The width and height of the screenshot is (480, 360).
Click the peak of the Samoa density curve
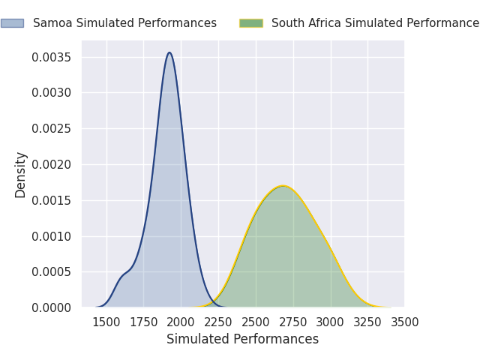click(x=169, y=52)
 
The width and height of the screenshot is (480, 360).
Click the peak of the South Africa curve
click(x=283, y=186)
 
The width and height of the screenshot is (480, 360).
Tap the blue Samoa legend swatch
click(x=12, y=23)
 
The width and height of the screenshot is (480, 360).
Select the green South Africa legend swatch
click(x=250, y=23)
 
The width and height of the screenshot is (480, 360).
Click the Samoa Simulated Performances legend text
click(x=124, y=23)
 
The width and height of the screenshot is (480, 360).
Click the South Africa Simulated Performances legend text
click(x=375, y=23)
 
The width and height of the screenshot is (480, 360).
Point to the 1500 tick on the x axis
click(x=106, y=322)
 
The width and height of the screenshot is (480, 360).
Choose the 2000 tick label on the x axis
click(x=181, y=322)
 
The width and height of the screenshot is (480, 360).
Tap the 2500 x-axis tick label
click(x=256, y=322)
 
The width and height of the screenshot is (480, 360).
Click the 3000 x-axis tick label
click(x=330, y=322)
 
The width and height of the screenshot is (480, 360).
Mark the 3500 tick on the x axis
click(x=405, y=322)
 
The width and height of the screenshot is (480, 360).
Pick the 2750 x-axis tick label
click(x=293, y=322)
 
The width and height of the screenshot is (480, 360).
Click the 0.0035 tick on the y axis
click(x=52, y=58)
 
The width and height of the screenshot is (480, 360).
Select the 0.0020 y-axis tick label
click(x=52, y=165)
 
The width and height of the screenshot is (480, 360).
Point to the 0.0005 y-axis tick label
click(x=52, y=272)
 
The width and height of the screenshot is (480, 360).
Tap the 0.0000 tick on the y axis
click(x=52, y=307)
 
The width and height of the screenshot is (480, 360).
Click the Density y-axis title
click(x=21, y=175)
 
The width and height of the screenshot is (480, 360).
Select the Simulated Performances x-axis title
click(x=242, y=340)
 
